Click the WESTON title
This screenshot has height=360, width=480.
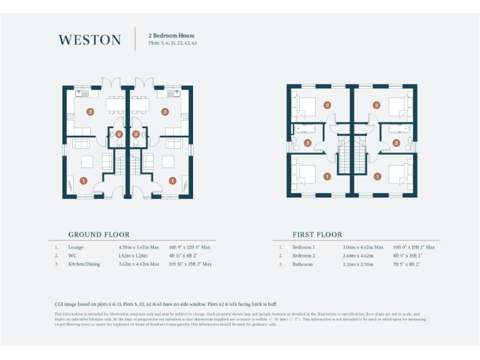90,40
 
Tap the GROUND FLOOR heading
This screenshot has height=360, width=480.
99,234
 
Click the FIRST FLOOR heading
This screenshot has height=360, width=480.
317,234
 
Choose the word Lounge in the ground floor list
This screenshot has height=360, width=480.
77,247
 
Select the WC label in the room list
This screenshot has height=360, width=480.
72,256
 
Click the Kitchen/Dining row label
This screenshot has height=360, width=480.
84,264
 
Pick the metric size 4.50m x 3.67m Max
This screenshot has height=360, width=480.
139,247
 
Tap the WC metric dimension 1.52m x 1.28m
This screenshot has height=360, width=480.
134,256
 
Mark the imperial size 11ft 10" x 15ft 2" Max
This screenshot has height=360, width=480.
190,264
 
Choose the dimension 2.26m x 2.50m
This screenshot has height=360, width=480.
359,264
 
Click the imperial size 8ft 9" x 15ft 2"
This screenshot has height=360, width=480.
408,256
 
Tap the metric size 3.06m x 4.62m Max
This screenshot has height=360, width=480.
363,247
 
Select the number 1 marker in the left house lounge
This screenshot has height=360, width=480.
84,181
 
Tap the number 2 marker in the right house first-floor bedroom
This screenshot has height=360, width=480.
376,106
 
